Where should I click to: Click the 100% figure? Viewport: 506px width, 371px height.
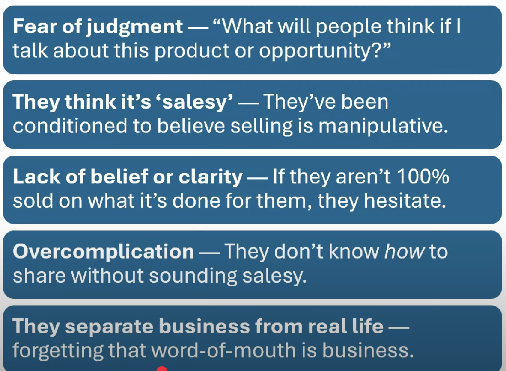pos(423,177)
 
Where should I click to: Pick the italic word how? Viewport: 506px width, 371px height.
pos(405,251)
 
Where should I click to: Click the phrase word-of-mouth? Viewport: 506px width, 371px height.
pos(202,350)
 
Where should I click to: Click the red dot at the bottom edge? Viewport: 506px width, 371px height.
pos(162,369)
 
